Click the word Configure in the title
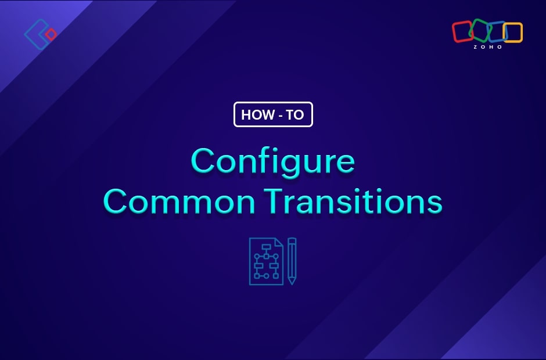coord(273,162)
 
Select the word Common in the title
coord(179,201)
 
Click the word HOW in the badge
coord(258,114)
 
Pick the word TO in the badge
coord(295,114)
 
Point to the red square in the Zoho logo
coord(462,31)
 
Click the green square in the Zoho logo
coord(480,30)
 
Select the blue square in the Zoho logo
coord(497,32)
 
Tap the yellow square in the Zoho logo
coord(512,33)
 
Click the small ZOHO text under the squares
coord(487,47)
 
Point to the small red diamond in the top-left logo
coord(51,34)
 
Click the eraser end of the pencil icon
coord(292,240)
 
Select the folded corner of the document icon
coord(279,242)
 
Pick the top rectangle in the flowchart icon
coord(267,247)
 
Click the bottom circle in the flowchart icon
coord(267,276)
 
